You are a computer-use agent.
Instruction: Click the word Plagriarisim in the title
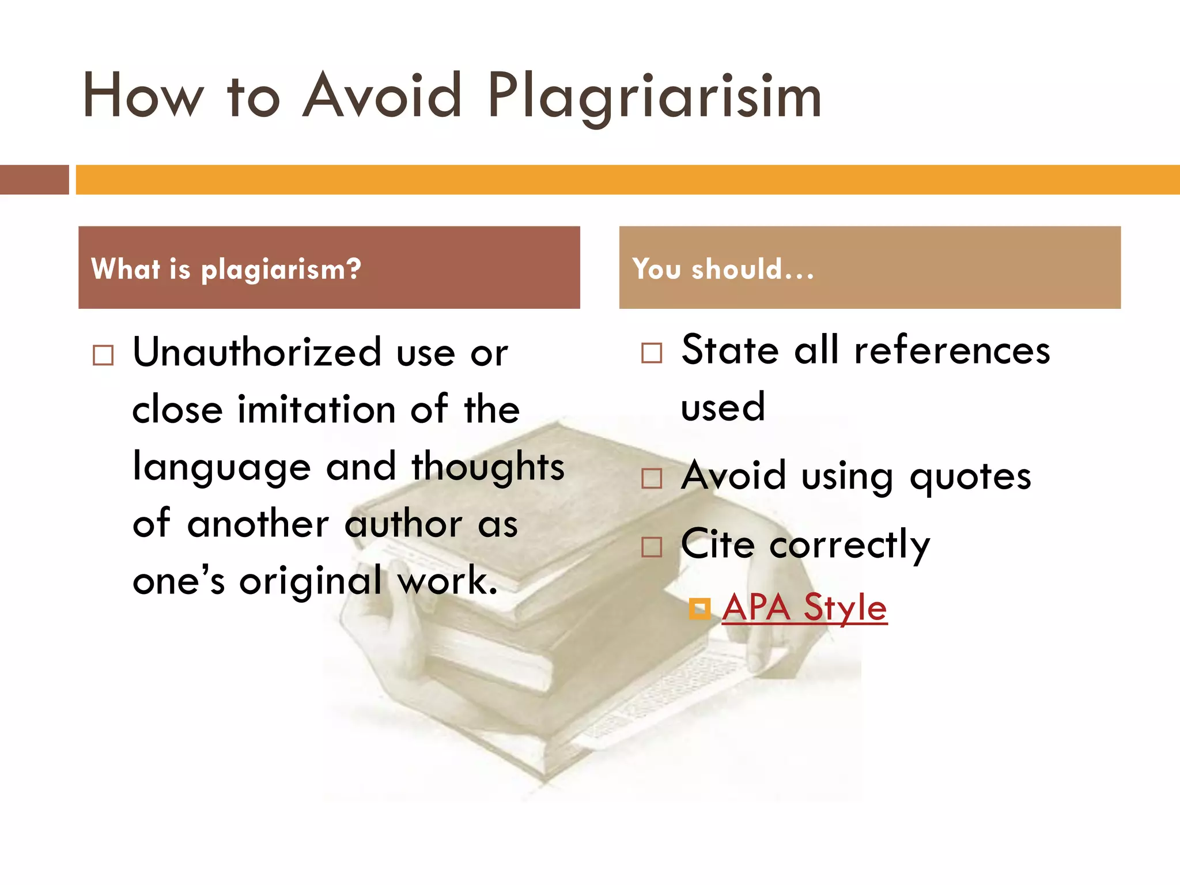click(x=655, y=97)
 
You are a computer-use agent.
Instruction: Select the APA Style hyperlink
click(x=804, y=607)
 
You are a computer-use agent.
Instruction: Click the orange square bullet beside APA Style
click(x=699, y=608)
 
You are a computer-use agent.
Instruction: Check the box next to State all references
click(x=652, y=353)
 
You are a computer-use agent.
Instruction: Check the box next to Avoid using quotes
click(x=652, y=478)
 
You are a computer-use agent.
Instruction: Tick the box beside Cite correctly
click(x=652, y=547)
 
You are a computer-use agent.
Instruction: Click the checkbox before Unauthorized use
click(x=103, y=355)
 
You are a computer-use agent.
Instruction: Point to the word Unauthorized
click(x=257, y=352)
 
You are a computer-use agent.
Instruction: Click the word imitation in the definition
click(x=316, y=410)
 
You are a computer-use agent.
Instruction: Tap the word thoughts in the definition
click(x=488, y=467)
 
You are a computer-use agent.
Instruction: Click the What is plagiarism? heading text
click(x=226, y=269)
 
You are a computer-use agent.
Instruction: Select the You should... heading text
click(x=723, y=269)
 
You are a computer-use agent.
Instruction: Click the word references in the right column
click(x=952, y=351)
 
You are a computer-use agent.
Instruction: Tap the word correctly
click(x=850, y=545)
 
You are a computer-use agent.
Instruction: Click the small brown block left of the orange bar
click(x=34, y=180)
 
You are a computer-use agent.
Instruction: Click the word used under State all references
click(x=723, y=407)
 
